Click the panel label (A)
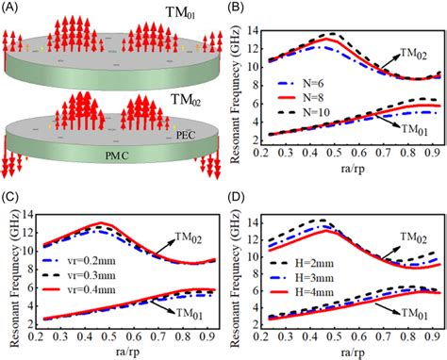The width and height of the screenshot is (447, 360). point(12,9)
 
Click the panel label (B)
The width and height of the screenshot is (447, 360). point(237,9)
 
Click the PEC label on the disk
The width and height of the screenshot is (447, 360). point(186,136)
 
